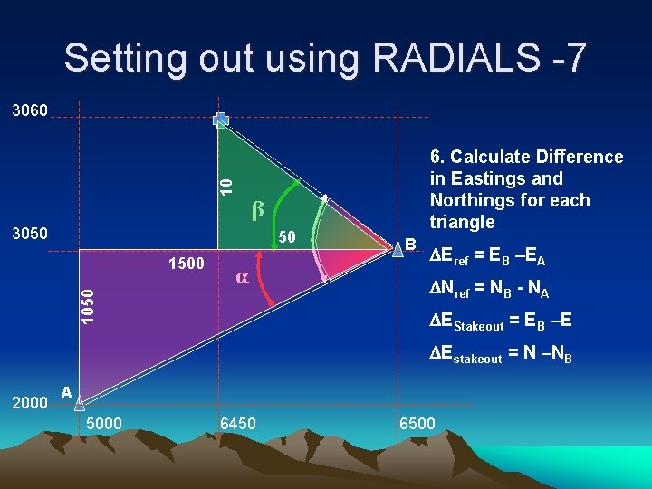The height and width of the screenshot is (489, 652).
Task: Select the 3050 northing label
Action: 31,234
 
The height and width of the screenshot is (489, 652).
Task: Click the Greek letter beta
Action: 257,210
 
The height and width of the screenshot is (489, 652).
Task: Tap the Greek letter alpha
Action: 242,276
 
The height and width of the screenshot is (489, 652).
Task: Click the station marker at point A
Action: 79,402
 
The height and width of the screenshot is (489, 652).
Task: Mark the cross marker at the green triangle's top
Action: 221,120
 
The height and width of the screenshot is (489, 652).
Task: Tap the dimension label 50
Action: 288,237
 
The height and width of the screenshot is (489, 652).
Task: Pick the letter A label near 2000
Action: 65,392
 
